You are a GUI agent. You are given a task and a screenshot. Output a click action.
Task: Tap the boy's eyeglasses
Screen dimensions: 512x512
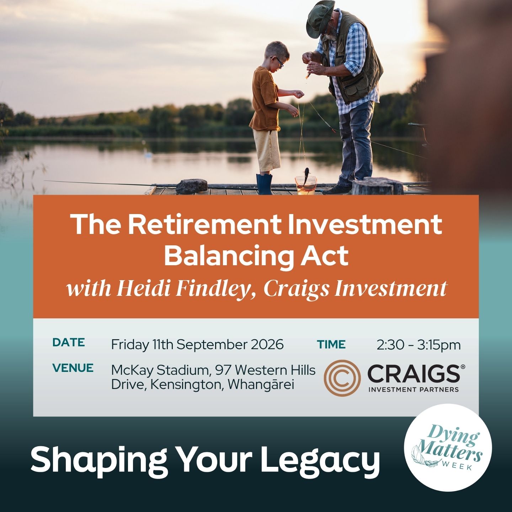tap(278, 62)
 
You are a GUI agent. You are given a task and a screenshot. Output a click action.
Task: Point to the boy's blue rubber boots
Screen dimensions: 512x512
tap(264, 184)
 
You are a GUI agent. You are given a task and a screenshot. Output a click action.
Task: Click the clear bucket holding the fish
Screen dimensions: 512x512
tap(306, 185)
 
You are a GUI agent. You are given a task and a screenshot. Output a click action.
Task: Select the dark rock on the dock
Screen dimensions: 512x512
tap(191, 186)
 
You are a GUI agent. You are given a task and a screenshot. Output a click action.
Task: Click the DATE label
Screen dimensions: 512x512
tap(69, 342)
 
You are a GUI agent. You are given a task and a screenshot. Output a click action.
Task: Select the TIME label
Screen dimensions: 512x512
tap(331, 344)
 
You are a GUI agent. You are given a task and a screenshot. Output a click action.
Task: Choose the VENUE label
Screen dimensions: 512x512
tap(73, 368)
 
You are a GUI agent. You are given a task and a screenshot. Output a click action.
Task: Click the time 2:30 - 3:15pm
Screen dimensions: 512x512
tap(419, 345)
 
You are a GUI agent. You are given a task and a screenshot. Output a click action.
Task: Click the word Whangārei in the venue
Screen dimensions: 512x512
tap(261, 384)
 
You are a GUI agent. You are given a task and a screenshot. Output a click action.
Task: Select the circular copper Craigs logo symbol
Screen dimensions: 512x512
tap(342, 378)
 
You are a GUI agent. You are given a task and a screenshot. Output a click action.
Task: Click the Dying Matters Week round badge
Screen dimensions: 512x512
tap(448, 448)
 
